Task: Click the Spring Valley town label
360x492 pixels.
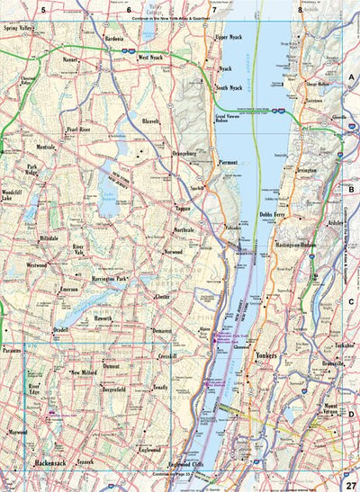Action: [x=22, y=28]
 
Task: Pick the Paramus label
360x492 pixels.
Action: [x=11, y=350]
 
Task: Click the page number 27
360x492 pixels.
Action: [x=350, y=484]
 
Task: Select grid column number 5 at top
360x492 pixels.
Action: [x=42, y=9]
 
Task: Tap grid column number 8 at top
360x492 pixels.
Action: [x=300, y=9]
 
